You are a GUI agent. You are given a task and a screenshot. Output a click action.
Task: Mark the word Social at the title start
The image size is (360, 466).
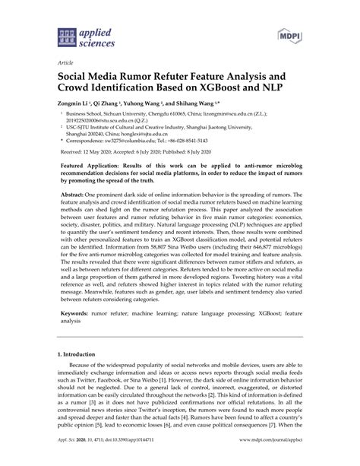(76, 78)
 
